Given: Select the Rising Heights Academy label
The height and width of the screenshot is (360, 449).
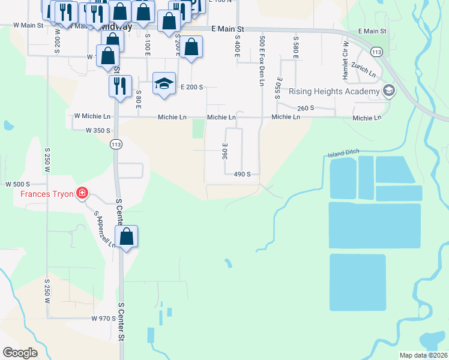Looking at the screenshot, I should pos(334,91).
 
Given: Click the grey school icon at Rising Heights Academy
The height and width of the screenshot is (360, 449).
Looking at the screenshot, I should pos(388,91).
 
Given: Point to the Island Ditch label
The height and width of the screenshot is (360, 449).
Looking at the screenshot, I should pos(343,154).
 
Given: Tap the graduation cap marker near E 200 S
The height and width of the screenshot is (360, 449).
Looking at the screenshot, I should pos(163,83).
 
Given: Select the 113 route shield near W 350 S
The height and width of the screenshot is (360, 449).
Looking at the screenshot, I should pos(116,144).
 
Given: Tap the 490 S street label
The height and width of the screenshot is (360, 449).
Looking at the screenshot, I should pos(242,174).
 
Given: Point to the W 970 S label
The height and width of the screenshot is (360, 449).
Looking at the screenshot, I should pos(103,318).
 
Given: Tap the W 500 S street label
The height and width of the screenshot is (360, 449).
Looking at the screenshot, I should pos(17,184).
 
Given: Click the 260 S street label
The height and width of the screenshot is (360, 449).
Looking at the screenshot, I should pos(306,108).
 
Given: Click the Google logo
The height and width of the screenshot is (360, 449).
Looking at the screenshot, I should pos(20,353).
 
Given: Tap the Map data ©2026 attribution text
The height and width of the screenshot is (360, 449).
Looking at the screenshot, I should pos(423,355).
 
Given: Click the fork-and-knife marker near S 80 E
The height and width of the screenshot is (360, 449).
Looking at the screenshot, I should pos(120,86).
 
